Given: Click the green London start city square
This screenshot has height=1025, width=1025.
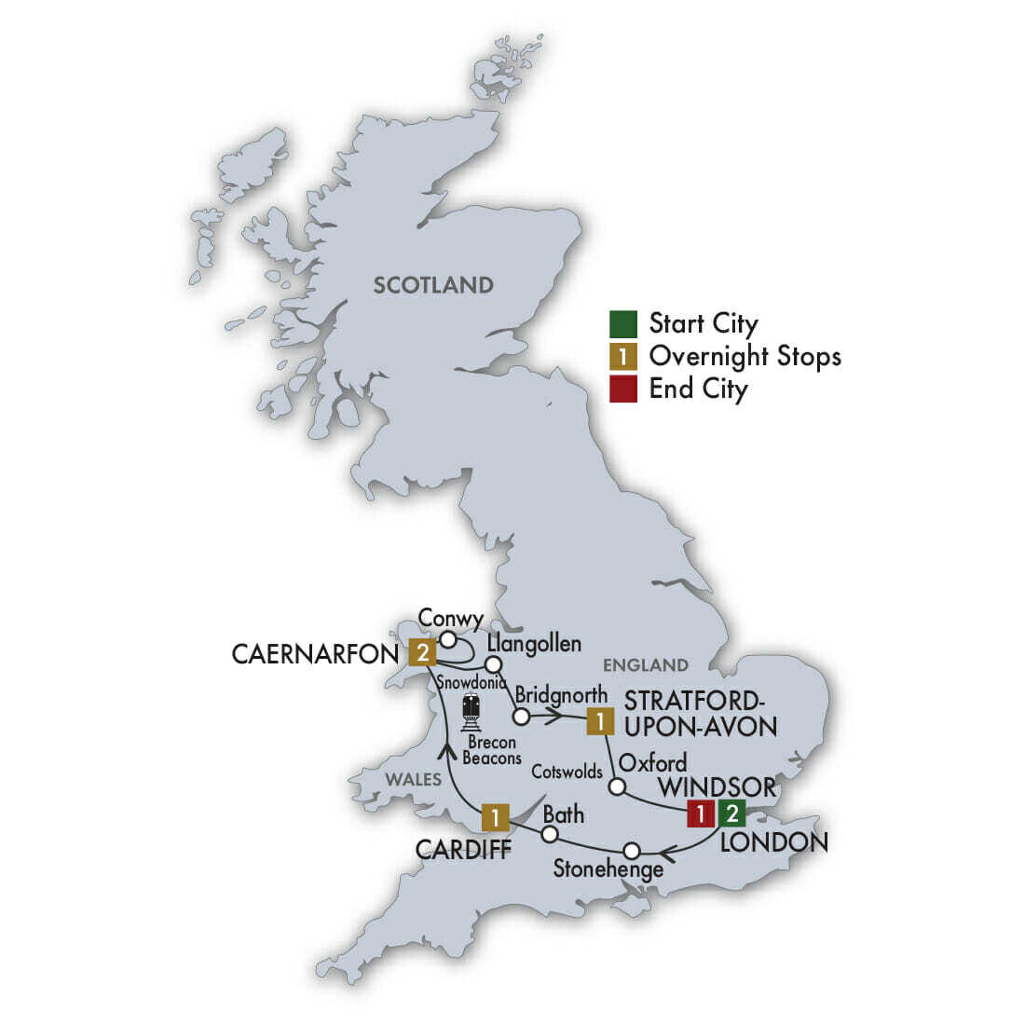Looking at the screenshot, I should [x=732, y=813].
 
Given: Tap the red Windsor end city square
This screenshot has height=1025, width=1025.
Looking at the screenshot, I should [x=700, y=813].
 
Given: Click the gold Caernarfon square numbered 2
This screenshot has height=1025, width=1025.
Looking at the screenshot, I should [x=422, y=652].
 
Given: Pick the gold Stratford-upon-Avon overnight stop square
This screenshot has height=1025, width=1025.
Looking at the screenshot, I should [x=601, y=720].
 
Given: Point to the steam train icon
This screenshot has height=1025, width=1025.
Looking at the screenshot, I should [x=471, y=711].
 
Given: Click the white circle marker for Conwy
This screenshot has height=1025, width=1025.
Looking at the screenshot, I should [x=447, y=639].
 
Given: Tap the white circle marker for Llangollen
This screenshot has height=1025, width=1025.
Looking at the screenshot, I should [x=494, y=664].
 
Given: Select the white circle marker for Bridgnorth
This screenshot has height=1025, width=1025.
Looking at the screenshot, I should [x=522, y=717].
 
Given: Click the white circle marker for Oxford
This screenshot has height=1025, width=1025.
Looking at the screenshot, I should [x=616, y=786].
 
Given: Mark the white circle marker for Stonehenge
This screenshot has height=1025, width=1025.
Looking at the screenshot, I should [x=632, y=850].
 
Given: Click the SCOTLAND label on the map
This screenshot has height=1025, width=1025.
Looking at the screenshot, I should [x=433, y=285].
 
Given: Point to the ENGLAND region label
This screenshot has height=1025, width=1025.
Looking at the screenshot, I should [x=645, y=665].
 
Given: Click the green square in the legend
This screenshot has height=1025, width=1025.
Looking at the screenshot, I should [x=623, y=324].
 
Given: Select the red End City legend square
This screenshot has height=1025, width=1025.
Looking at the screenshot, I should [x=623, y=388].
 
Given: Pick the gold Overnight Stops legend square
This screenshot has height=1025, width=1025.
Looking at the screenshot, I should [x=623, y=356].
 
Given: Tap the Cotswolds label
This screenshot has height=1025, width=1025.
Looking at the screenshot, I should [x=567, y=772].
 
